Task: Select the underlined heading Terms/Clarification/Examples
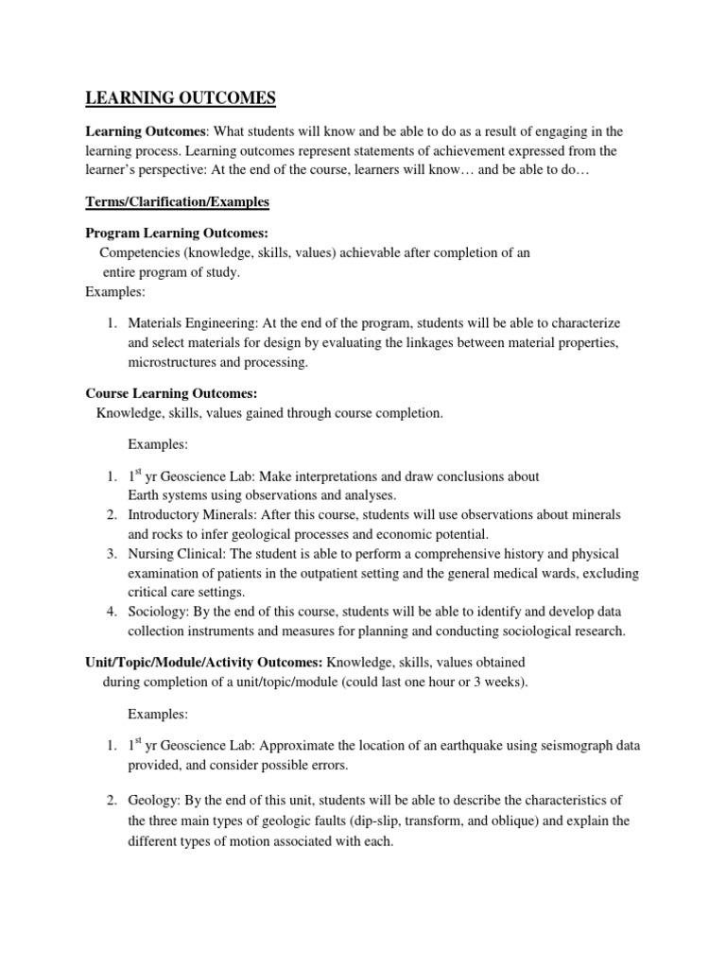pos(178,202)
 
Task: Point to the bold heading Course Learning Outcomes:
pos(171,392)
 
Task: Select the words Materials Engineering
pos(187,323)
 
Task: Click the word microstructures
pos(174,362)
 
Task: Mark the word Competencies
pos(140,252)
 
